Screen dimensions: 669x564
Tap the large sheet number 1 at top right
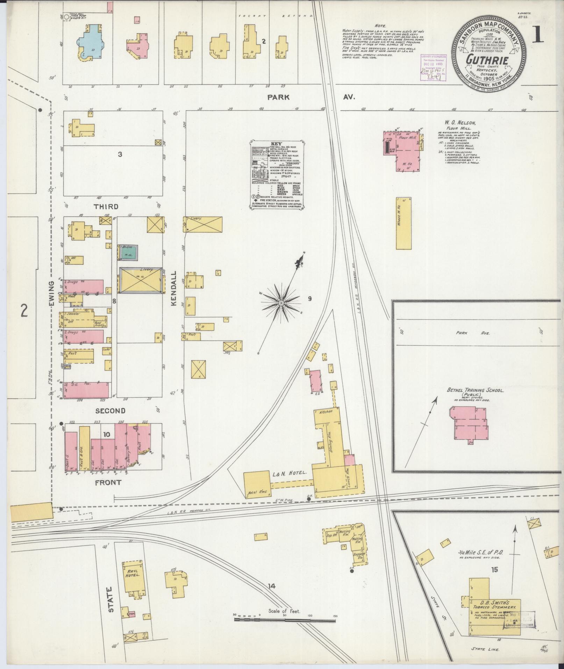click(x=539, y=35)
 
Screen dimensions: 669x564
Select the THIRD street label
click(x=106, y=206)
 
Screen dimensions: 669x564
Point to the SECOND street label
click(x=110, y=411)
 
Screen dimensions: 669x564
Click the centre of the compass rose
click(x=281, y=302)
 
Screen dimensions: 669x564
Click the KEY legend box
click(x=277, y=175)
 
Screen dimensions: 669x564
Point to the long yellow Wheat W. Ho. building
click(x=404, y=223)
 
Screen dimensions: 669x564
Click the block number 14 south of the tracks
click(x=272, y=586)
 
